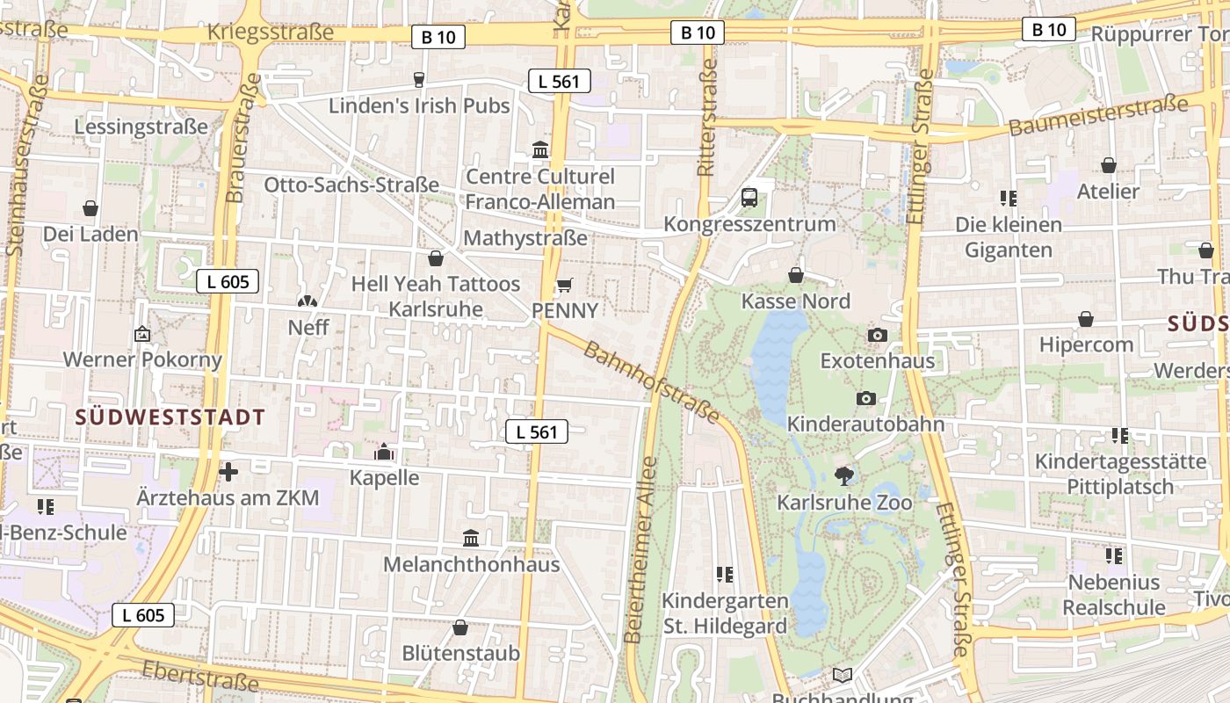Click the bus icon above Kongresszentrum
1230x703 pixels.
(x=749, y=198)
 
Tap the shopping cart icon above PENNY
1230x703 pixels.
(x=565, y=285)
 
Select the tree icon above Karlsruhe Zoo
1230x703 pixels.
(x=845, y=476)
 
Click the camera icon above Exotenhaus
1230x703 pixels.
(x=877, y=335)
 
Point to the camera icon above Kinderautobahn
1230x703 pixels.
(x=865, y=398)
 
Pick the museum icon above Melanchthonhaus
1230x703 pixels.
(x=471, y=538)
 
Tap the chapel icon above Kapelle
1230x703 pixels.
(x=384, y=453)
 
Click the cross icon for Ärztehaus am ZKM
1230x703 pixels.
(x=228, y=472)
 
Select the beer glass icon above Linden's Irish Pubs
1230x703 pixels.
(x=419, y=80)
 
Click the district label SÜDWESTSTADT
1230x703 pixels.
(x=170, y=417)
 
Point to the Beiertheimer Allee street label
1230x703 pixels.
(x=639, y=549)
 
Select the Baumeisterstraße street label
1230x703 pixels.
(x=1098, y=116)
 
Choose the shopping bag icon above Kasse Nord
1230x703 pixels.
(x=796, y=276)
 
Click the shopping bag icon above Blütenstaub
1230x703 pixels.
(x=460, y=628)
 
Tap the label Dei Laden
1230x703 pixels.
(x=90, y=235)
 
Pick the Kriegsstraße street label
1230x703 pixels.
(x=271, y=33)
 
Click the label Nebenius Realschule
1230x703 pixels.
(x=1114, y=595)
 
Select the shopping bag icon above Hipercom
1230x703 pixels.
(x=1086, y=319)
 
